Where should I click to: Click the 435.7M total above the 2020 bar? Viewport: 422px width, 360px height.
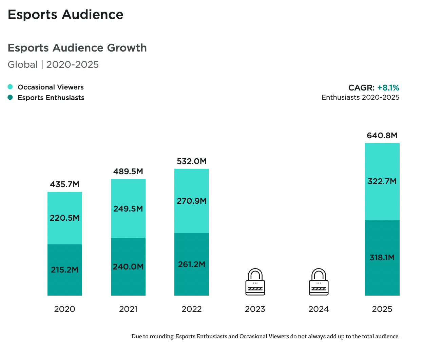(x=64, y=184)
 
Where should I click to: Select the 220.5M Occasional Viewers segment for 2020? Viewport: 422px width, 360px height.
(x=64, y=218)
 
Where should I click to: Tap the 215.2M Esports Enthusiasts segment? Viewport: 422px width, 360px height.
(x=64, y=270)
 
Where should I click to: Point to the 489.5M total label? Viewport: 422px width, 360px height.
(x=128, y=172)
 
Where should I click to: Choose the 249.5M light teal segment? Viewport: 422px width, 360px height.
(x=128, y=208)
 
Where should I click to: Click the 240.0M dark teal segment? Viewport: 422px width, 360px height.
(x=128, y=267)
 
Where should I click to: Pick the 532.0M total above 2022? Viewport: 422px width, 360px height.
(x=192, y=161)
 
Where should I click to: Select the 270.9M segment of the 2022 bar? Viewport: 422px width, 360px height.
(x=192, y=201)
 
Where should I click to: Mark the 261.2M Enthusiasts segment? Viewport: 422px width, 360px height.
(x=192, y=264)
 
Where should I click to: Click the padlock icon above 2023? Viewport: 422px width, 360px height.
(x=255, y=282)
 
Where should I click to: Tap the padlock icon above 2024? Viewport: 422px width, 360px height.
(x=319, y=282)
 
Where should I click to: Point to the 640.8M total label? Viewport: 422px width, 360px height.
(x=382, y=136)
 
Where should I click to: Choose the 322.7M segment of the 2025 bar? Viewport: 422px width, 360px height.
(x=382, y=181)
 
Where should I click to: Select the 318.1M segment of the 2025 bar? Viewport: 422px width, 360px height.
(x=382, y=258)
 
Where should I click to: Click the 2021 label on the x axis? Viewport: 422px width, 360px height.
(x=128, y=309)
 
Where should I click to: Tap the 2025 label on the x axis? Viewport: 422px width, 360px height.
(x=382, y=309)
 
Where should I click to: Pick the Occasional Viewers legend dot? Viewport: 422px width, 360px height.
(x=10, y=87)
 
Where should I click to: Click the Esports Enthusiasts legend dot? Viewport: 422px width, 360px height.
(x=10, y=98)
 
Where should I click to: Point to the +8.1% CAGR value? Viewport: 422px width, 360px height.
(x=388, y=88)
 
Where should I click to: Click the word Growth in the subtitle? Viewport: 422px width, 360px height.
(x=127, y=48)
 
